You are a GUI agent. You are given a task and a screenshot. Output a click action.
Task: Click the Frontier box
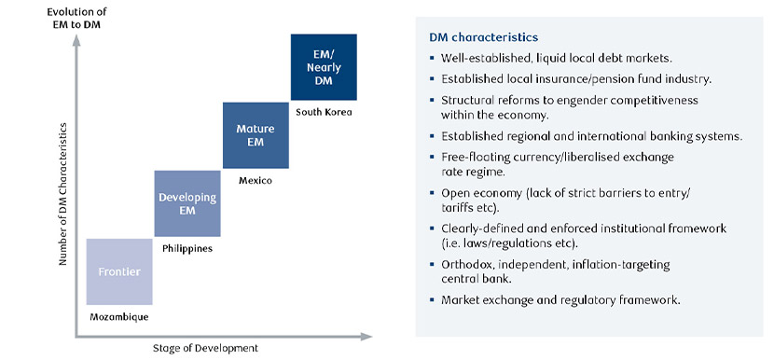click(x=119, y=271)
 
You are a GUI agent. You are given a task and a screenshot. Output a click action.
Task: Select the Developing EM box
click(x=187, y=203)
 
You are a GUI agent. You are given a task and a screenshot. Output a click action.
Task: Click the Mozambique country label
click(x=118, y=317)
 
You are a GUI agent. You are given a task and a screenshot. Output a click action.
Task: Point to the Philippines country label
click(x=187, y=248)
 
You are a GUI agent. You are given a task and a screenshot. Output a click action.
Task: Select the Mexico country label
click(x=254, y=180)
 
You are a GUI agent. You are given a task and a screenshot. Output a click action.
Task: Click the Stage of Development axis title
click(x=204, y=348)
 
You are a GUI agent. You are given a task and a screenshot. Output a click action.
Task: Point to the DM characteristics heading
click(x=482, y=38)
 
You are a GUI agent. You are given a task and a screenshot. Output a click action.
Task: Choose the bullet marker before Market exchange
click(x=433, y=300)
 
